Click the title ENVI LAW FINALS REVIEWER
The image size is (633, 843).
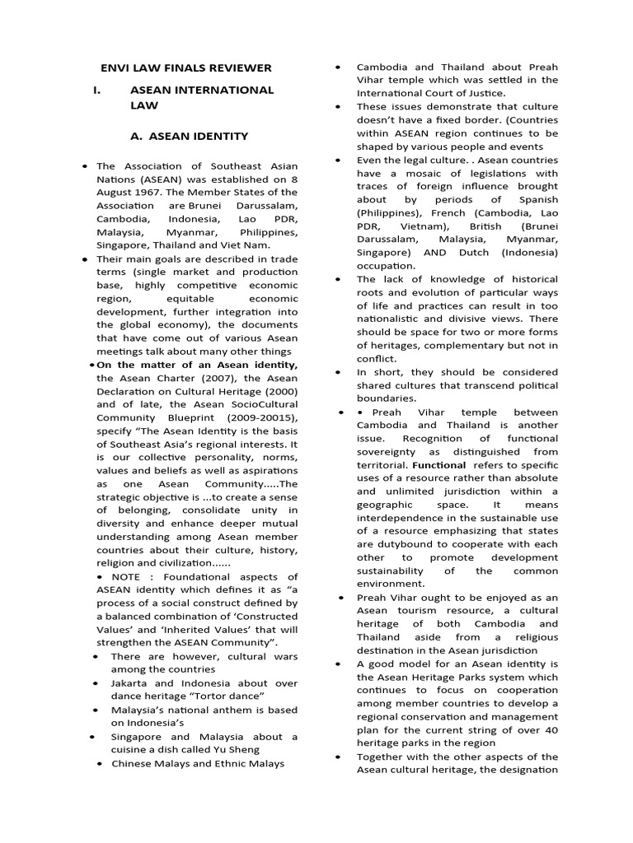[185, 68]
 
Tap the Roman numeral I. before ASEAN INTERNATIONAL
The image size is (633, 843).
[98, 90]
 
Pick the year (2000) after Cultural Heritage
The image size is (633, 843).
[279, 391]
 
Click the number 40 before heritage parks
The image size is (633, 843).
[551, 729]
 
